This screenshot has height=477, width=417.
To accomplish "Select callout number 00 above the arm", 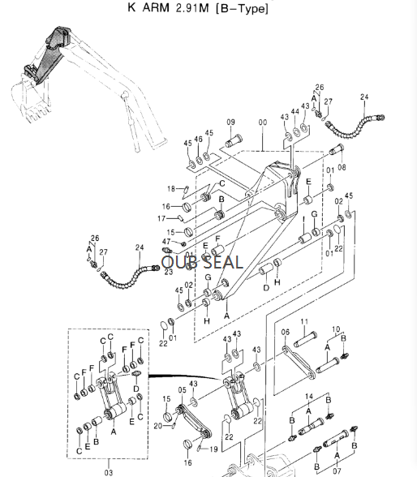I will coord(261,122).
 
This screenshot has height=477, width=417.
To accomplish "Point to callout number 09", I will coord(230,122).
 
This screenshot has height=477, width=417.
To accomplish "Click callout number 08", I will coord(341,168).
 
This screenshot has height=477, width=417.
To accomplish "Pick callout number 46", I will coord(197,140).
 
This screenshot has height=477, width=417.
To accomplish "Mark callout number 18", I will coord(171,189).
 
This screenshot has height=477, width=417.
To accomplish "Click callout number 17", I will coord(171,219).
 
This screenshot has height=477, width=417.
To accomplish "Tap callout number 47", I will coord(166,242).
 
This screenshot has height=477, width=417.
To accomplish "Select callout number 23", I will coord(169,273).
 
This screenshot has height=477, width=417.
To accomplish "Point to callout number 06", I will coord(285,332).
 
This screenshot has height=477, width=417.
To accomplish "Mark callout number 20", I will coord(159,424).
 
